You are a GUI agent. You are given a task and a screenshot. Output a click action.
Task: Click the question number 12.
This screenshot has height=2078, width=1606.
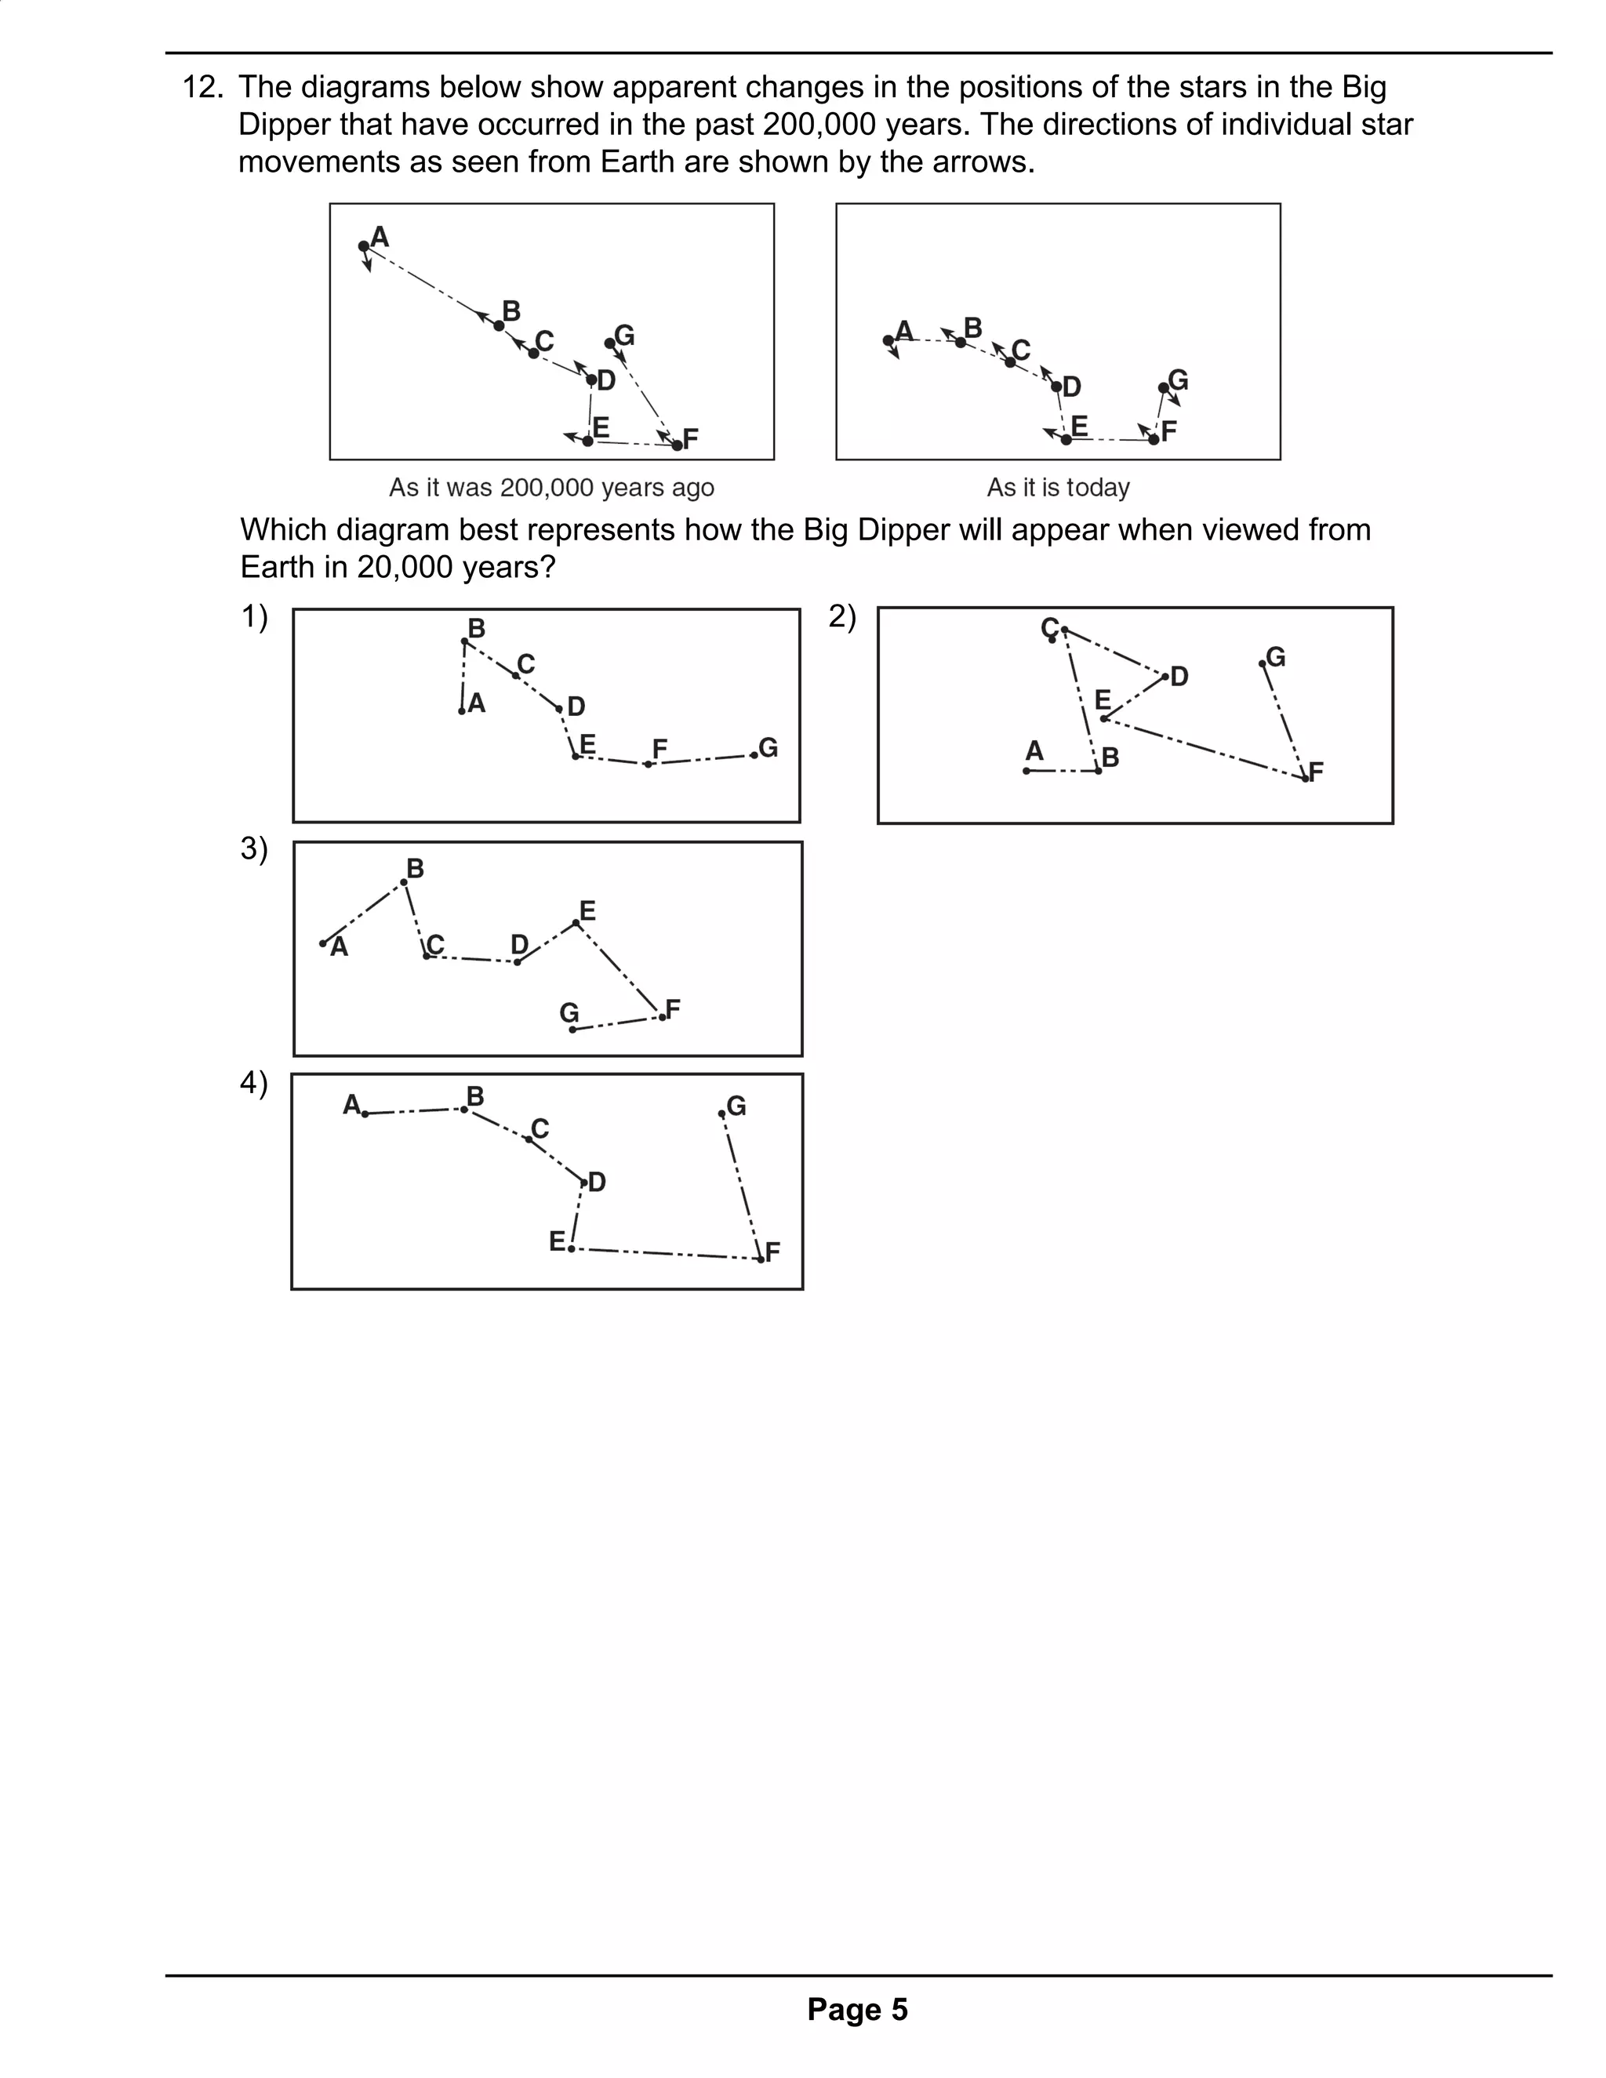click(202, 88)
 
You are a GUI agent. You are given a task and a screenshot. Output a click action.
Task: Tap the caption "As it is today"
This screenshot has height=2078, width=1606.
click(1058, 487)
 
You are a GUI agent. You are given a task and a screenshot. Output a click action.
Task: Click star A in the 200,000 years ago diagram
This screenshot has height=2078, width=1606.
click(363, 246)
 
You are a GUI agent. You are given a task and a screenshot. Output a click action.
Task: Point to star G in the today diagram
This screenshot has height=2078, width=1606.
click(1164, 388)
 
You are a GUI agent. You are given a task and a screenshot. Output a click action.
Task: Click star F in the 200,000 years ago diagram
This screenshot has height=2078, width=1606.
click(677, 445)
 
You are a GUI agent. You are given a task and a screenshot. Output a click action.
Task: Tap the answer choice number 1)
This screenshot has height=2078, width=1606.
click(254, 616)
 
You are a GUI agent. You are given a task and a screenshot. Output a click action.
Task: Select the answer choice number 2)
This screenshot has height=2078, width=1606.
click(842, 616)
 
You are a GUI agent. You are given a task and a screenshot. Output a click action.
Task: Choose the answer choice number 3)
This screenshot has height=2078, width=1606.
click(254, 848)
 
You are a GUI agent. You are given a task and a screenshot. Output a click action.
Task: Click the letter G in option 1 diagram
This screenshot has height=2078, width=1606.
click(768, 748)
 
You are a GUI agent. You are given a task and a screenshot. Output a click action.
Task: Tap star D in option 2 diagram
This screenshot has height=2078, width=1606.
click(1165, 677)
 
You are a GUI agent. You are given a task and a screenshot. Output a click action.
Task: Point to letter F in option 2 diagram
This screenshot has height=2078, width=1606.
click(1317, 772)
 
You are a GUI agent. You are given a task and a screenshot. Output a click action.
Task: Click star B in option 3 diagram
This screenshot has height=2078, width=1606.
click(405, 882)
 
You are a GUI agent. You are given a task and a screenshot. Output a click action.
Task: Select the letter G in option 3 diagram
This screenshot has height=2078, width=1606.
click(569, 1012)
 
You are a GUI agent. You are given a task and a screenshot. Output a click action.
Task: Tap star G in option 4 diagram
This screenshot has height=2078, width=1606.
click(722, 1113)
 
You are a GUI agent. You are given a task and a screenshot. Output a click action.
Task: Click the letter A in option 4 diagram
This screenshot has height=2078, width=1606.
click(351, 1105)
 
